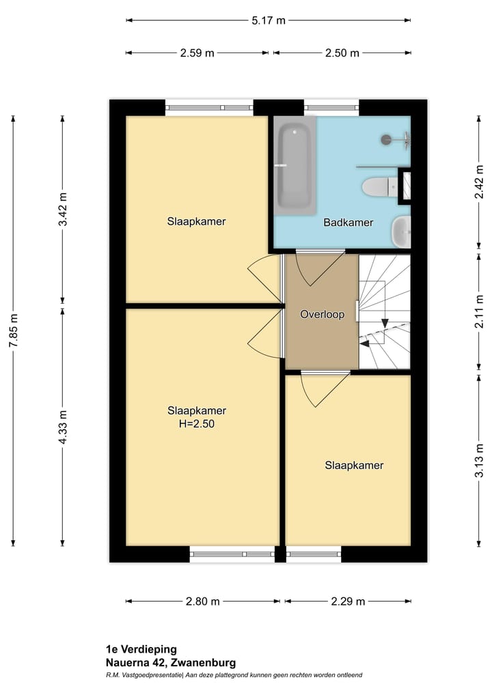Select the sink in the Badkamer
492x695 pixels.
click(x=401, y=232)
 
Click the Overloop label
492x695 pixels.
click(x=322, y=315)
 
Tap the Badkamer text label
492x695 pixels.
click(x=348, y=222)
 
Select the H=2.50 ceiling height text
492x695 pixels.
click(x=197, y=423)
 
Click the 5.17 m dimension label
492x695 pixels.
click(x=268, y=20)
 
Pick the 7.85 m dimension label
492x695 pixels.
click(x=12, y=332)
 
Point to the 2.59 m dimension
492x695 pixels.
click(x=197, y=53)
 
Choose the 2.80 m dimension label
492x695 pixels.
click(x=202, y=601)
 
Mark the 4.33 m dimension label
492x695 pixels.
click(x=62, y=427)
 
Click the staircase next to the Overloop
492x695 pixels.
click(x=385, y=311)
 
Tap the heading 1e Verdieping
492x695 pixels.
click(x=141, y=649)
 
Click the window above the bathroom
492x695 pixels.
click(x=331, y=107)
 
